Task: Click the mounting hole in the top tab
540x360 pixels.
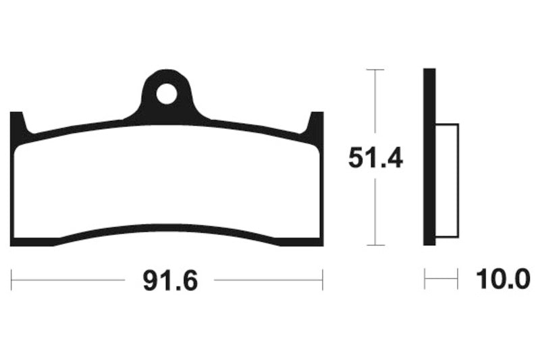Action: (166, 94)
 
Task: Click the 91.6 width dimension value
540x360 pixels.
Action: (170, 281)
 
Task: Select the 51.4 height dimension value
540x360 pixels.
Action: (375, 158)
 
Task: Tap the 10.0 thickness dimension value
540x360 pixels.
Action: (503, 280)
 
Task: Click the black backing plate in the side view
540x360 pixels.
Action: (429, 157)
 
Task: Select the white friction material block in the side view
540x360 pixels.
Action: (447, 181)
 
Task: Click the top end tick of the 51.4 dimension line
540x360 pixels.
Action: (375, 70)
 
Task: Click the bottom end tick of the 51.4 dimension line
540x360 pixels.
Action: (375, 245)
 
